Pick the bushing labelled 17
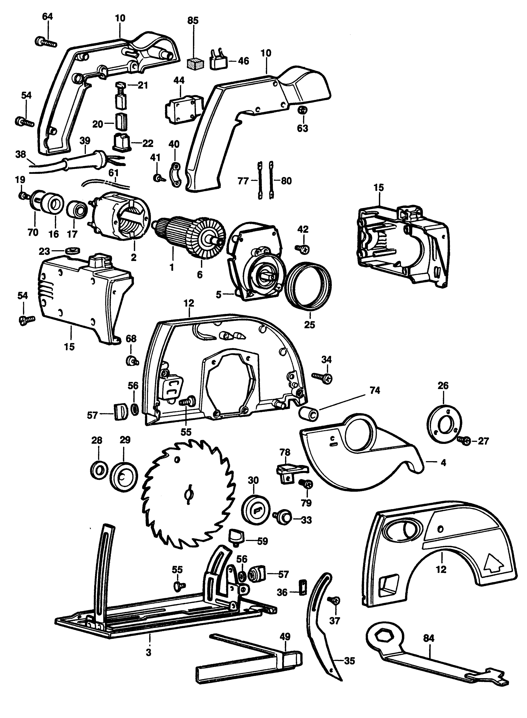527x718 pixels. tap(77, 211)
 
